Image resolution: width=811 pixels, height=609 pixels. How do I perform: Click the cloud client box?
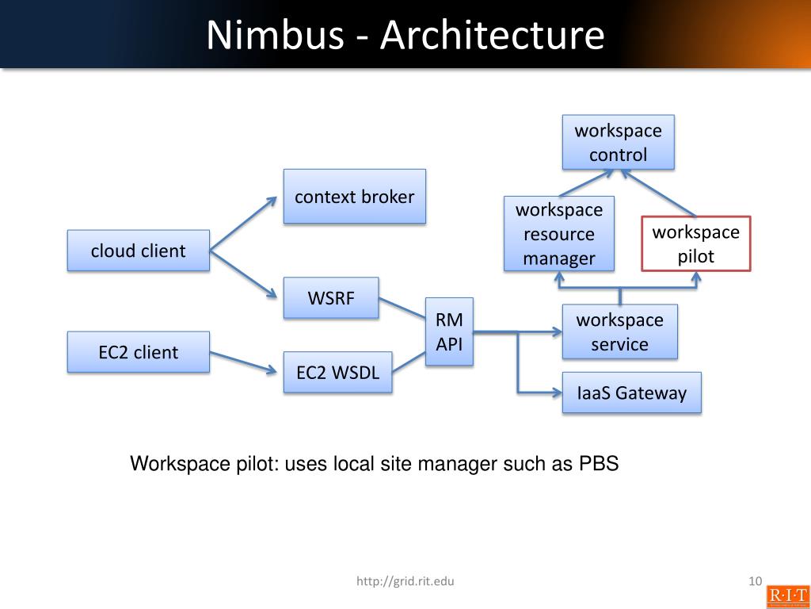click(138, 251)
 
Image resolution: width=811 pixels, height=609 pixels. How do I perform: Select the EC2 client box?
click(138, 352)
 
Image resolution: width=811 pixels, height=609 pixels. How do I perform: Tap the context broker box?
click(354, 197)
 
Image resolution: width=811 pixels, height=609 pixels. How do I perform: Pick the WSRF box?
click(331, 298)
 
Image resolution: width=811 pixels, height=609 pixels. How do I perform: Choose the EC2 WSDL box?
click(337, 373)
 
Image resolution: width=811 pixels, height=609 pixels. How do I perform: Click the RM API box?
click(449, 331)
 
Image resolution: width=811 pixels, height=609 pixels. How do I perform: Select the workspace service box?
click(619, 331)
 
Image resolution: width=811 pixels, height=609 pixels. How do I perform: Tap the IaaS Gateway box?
click(631, 393)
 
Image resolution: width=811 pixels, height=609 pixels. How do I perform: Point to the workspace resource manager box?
click(558, 234)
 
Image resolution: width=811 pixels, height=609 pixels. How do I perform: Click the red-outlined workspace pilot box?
click(695, 243)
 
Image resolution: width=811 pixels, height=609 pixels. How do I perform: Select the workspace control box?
click(618, 142)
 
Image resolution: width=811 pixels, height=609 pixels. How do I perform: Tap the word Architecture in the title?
click(492, 36)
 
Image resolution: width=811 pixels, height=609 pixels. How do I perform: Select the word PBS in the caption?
click(599, 464)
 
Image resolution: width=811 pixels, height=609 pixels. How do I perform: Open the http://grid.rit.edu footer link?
click(405, 582)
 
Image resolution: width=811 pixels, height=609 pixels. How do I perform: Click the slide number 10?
click(754, 582)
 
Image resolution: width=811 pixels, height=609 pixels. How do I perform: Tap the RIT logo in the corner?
click(787, 596)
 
